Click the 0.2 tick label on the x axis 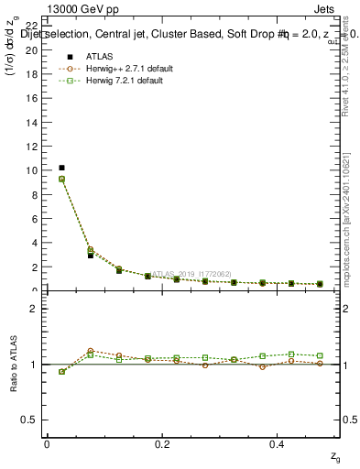(x=162, y=444)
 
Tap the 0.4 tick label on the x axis (x=278, y=444)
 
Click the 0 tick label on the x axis (x=47, y=444)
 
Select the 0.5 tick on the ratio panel (x=33, y=420)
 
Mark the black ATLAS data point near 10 (x=61, y=168)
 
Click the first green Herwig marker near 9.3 (x=61, y=179)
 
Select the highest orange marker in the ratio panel (x=91, y=351)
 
